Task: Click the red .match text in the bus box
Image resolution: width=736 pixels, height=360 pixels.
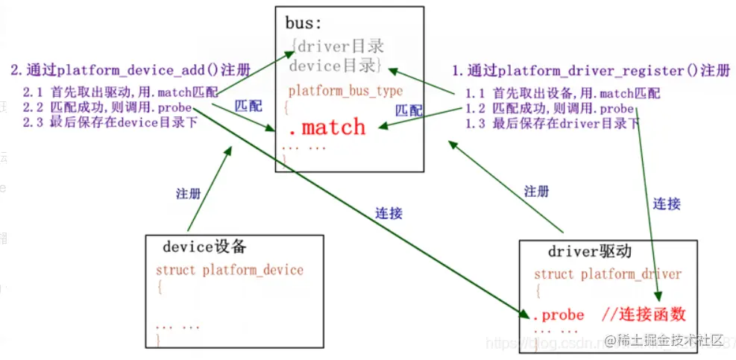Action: click(x=327, y=127)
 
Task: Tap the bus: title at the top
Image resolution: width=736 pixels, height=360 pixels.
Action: click(x=304, y=23)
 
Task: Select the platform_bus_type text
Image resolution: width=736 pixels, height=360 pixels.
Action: click(x=345, y=92)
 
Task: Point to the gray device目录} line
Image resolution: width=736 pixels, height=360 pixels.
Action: click(x=335, y=66)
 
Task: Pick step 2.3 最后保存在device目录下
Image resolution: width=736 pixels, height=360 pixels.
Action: click(x=110, y=122)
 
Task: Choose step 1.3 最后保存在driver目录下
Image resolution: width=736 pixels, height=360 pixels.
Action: click(x=552, y=123)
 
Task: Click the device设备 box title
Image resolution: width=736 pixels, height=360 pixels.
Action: click(x=204, y=247)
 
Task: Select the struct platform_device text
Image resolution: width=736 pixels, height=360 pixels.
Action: click(x=229, y=270)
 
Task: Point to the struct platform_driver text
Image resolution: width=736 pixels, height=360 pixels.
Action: click(x=607, y=274)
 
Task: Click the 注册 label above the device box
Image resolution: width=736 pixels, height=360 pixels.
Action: click(x=188, y=193)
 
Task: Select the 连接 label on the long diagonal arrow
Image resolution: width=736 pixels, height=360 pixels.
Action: click(x=389, y=213)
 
